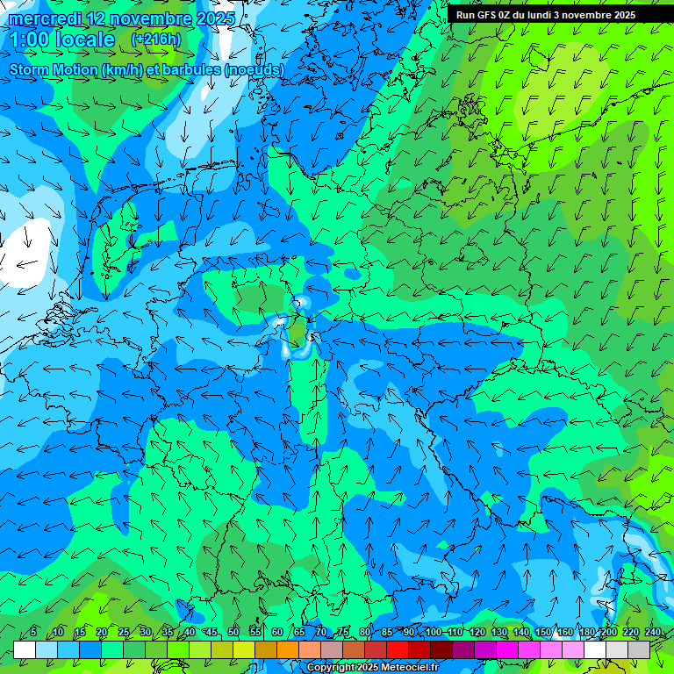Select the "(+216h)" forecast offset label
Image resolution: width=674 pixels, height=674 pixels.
(x=155, y=39)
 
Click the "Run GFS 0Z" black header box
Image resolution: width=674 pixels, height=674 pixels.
(x=552, y=15)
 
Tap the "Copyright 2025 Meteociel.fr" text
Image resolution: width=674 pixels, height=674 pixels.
(x=372, y=668)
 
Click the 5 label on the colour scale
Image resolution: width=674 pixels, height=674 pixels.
(x=33, y=632)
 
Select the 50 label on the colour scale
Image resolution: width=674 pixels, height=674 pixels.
(x=233, y=632)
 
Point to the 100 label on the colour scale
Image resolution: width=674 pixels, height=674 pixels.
(x=434, y=632)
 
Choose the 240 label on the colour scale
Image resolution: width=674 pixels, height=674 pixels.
(x=653, y=632)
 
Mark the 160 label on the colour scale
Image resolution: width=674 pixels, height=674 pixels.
(x=565, y=632)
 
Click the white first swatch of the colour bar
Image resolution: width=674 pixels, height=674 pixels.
(x=25, y=649)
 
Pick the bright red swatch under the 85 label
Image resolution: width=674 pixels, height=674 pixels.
(x=398, y=649)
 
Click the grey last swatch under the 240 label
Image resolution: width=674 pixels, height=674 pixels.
(x=639, y=649)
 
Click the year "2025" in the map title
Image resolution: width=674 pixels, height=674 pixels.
(x=215, y=18)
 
